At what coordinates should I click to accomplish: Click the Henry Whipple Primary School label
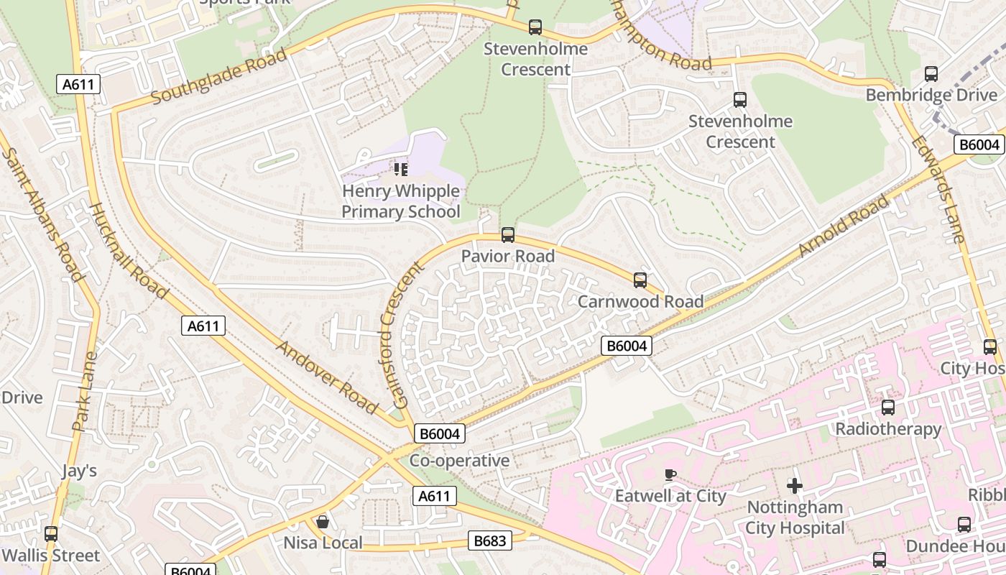pyautogui.click(x=400, y=201)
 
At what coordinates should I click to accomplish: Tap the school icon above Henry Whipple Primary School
pyautogui.click(x=401, y=170)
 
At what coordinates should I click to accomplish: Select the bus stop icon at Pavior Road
pyautogui.click(x=508, y=235)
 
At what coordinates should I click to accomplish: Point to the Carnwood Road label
pyautogui.click(x=640, y=301)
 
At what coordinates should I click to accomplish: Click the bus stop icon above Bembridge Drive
pyautogui.click(x=931, y=73)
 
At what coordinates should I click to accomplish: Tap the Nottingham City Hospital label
pyautogui.click(x=794, y=517)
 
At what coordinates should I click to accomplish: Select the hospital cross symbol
pyautogui.click(x=794, y=486)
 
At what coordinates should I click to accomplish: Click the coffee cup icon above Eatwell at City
pyautogui.click(x=670, y=474)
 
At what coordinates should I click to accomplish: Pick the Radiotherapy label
pyautogui.click(x=888, y=429)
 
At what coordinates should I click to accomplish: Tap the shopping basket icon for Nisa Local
pyautogui.click(x=323, y=521)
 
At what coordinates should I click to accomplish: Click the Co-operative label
pyautogui.click(x=459, y=461)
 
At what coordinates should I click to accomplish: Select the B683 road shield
pyautogui.click(x=490, y=540)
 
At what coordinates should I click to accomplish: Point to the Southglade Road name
pyautogui.click(x=219, y=75)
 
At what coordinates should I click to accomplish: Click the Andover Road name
pyautogui.click(x=327, y=377)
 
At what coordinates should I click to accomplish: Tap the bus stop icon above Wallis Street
pyautogui.click(x=50, y=534)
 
